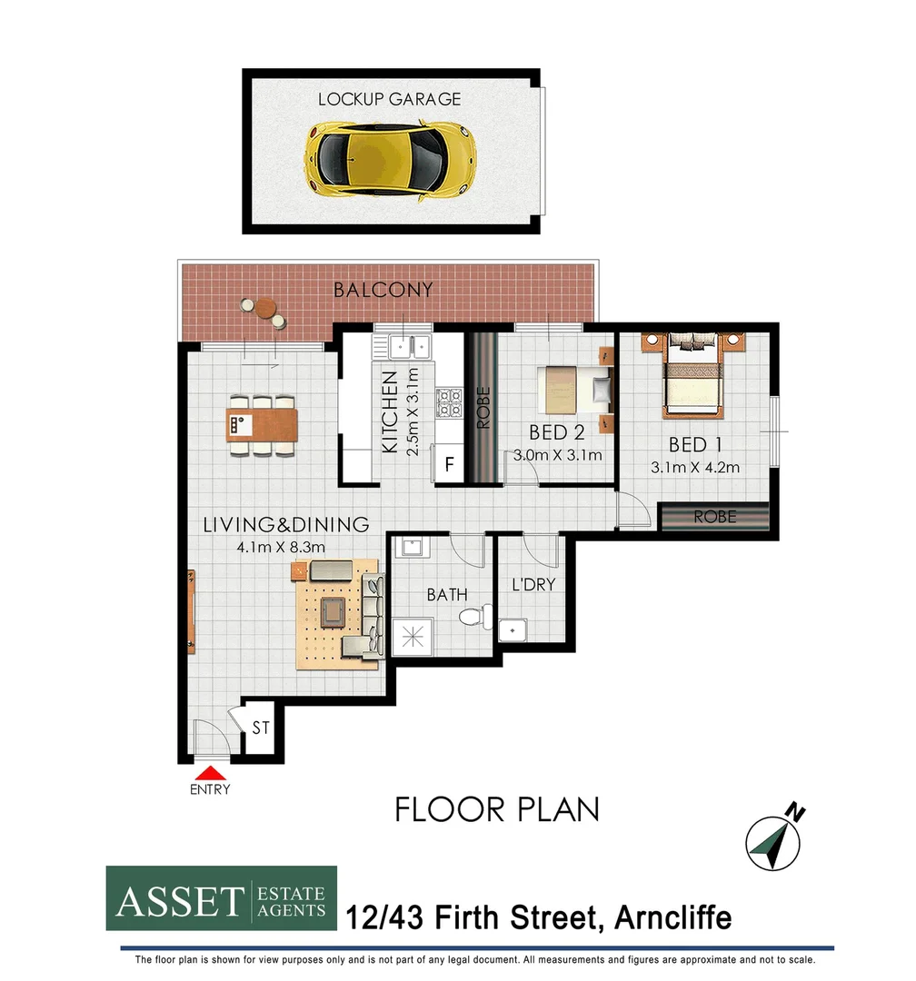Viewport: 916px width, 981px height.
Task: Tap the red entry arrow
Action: tap(210, 773)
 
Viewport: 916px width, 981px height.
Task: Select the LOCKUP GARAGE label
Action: tap(389, 99)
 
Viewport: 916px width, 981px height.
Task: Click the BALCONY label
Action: tap(383, 291)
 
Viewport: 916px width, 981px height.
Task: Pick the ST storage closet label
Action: tap(262, 728)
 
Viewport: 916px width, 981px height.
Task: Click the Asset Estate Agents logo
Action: tap(222, 898)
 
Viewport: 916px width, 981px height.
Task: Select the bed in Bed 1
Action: tap(694, 376)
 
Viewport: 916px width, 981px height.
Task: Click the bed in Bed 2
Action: tap(570, 390)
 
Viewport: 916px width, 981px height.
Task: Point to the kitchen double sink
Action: tap(408, 345)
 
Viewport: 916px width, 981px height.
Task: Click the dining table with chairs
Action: tap(262, 423)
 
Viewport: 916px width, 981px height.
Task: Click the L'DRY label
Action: tap(533, 585)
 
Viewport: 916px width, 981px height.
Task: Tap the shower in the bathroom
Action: tap(414, 631)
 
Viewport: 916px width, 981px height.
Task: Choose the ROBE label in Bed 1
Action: tap(715, 517)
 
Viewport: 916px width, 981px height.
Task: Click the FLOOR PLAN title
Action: tap(496, 808)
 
